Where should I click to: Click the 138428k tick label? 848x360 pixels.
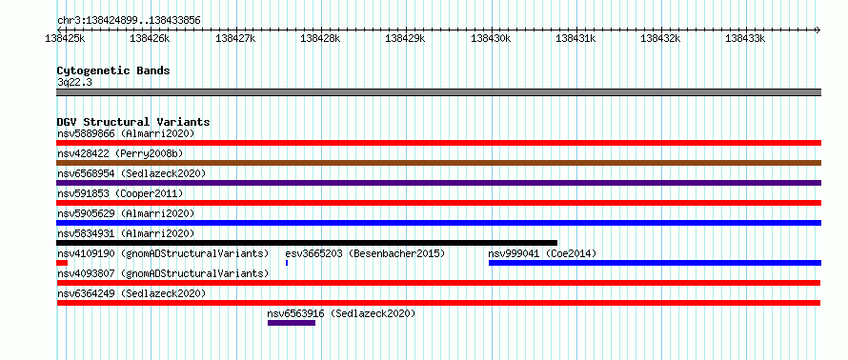(320, 38)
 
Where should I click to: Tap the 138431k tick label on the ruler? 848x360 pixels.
(575, 38)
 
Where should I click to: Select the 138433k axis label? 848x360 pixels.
(745, 38)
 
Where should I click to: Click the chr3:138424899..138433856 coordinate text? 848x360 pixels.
(129, 21)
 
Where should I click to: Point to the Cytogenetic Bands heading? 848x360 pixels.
(113, 70)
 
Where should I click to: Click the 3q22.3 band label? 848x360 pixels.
(71, 82)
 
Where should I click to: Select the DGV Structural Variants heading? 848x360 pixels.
(133, 122)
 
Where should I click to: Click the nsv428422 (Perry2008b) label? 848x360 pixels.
(120, 153)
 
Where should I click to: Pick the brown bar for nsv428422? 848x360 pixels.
(438, 163)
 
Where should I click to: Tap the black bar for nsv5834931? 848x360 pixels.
(307, 243)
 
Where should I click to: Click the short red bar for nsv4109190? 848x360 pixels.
(62, 263)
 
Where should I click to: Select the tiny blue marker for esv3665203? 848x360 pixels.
(287, 263)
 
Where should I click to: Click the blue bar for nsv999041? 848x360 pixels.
(655, 263)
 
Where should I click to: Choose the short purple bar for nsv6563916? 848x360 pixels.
(292, 323)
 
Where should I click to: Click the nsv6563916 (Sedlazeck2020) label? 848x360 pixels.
(341, 313)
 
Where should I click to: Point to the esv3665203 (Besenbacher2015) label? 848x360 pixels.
(365, 253)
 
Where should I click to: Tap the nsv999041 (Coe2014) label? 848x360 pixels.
(542, 253)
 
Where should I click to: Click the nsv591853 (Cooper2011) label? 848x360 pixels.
(120, 193)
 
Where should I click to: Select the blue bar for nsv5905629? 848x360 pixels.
(438, 223)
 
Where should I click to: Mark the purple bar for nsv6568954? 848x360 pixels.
(438, 183)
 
